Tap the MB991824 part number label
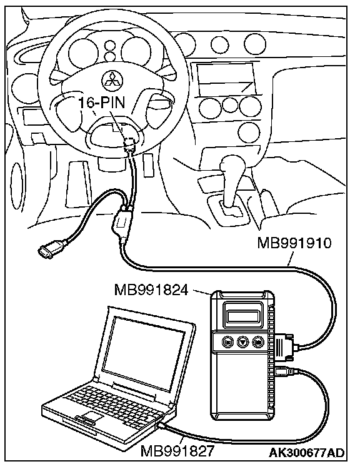tap(151, 290)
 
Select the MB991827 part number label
tap(177, 451)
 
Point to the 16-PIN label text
tap(102, 103)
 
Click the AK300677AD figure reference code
tap(306, 453)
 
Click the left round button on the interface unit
tap(227, 341)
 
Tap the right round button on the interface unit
tap(257, 341)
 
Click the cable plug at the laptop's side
tap(163, 426)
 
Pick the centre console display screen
tap(226, 78)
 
